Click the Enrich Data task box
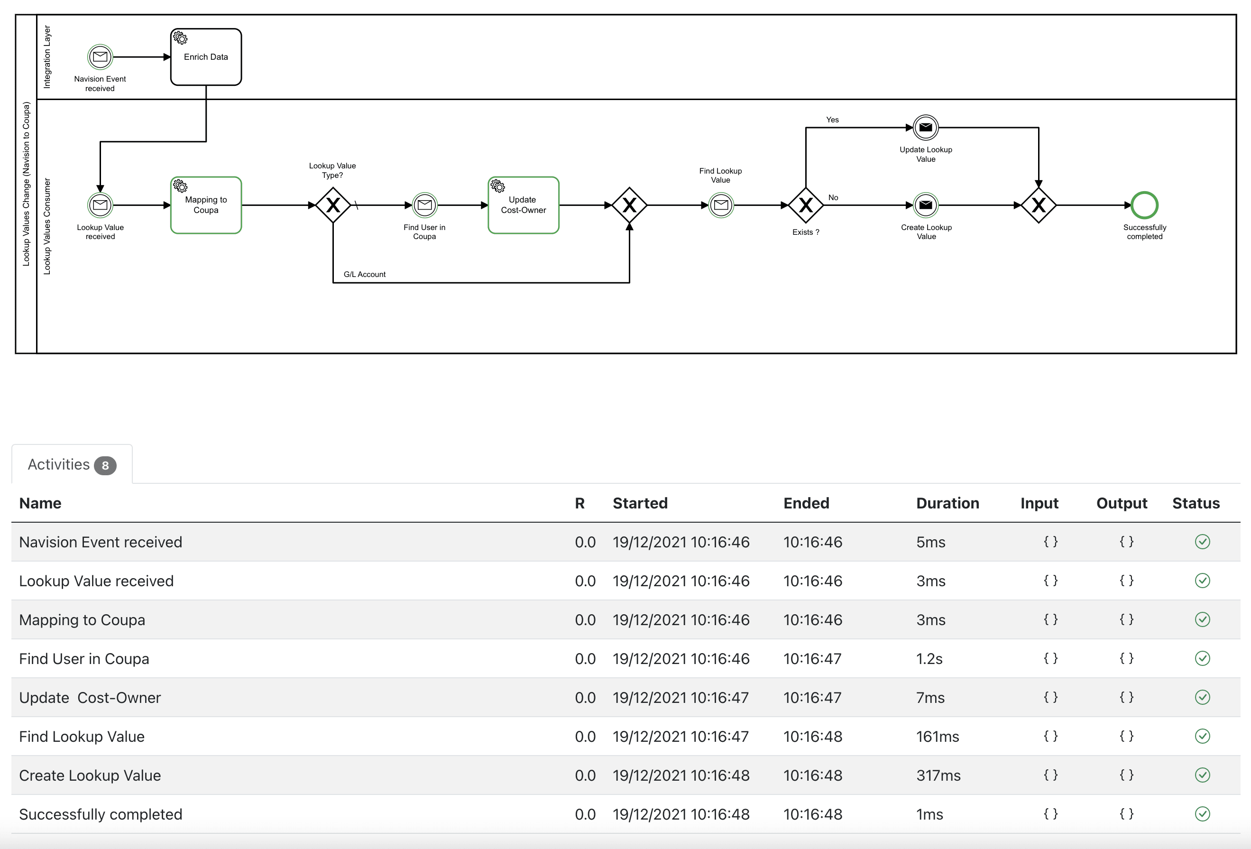[206, 57]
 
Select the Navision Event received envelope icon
[100, 56]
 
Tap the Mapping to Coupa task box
[206, 205]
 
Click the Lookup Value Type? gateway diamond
[333, 205]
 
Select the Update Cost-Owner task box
[523, 205]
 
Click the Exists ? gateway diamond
[805, 205]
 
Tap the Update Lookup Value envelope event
[925, 128]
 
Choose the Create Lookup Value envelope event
[925, 205]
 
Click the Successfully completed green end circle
[1144, 205]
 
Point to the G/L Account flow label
[364, 275]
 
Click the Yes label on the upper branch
[832, 120]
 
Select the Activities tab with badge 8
[72, 465]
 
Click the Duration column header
[947, 503]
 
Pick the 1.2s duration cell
[929, 659]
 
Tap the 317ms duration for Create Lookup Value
[938, 776]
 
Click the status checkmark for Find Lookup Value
[1202, 736]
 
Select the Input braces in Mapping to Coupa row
[1050, 619]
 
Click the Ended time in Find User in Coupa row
[812, 659]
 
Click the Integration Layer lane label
[47, 56]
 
